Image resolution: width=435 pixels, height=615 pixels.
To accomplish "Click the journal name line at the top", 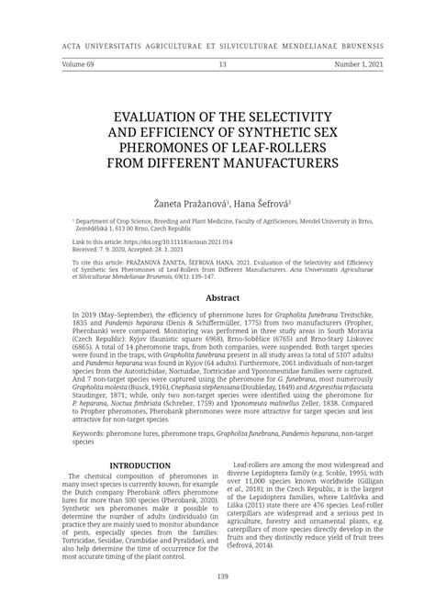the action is pos(217,43).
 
